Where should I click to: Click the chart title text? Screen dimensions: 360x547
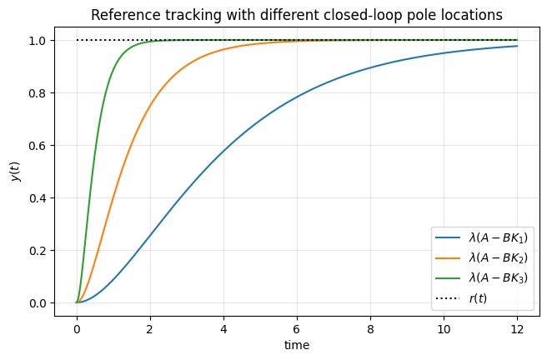(296, 15)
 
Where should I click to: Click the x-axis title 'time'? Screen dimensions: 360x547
(296, 343)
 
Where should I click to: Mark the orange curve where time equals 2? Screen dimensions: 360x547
(150, 105)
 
